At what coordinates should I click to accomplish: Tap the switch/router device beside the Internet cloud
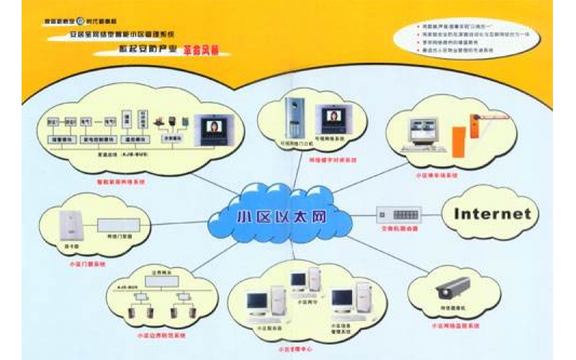tap(398, 213)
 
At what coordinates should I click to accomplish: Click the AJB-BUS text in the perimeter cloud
tap(126, 284)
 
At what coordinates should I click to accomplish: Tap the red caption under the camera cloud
tap(451, 326)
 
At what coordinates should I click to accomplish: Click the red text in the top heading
tap(202, 51)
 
